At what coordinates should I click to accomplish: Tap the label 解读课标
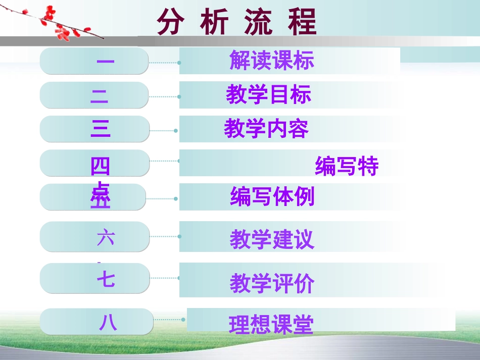(x=272, y=61)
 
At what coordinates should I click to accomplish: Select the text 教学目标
(x=269, y=95)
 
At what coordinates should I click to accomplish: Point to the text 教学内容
(x=266, y=129)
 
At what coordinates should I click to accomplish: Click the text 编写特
(x=347, y=166)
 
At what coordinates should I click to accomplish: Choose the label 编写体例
(x=272, y=196)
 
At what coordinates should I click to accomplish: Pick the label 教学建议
(x=272, y=240)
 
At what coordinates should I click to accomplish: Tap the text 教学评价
(x=272, y=283)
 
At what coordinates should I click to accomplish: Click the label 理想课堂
(x=271, y=325)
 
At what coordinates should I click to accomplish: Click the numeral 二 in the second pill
(x=100, y=95)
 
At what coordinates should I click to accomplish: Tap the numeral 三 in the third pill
(x=101, y=129)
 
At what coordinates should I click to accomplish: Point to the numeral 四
(x=100, y=166)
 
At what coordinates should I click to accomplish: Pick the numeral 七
(x=106, y=279)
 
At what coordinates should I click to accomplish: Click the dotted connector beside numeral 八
(x=169, y=320)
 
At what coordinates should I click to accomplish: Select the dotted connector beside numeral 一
(x=164, y=63)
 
